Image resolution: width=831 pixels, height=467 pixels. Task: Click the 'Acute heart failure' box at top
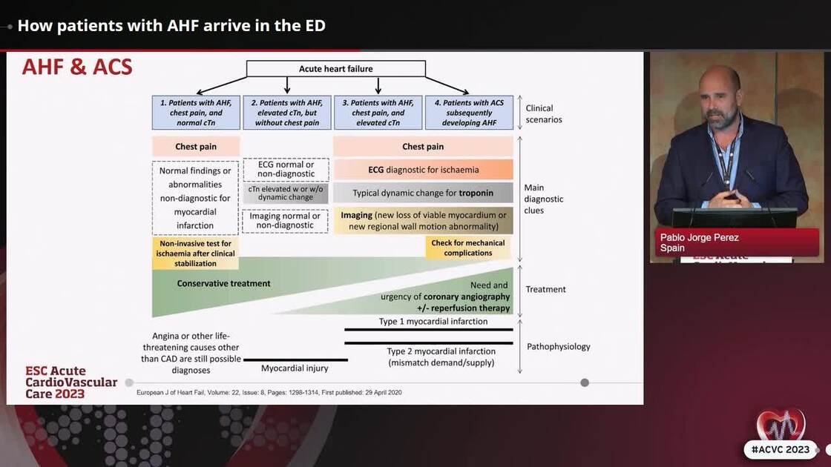click(335, 69)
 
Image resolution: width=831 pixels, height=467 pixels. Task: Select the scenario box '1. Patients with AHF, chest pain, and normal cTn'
click(196, 113)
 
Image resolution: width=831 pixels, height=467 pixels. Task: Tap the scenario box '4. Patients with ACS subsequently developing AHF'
click(469, 113)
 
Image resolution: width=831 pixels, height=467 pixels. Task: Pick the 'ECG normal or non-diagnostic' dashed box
click(286, 168)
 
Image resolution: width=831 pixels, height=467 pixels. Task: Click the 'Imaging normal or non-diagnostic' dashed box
click(286, 221)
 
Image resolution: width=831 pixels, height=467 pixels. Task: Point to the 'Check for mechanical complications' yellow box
click(468, 248)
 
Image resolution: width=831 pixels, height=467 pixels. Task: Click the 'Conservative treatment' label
click(223, 283)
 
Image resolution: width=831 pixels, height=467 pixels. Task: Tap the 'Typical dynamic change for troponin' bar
click(423, 193)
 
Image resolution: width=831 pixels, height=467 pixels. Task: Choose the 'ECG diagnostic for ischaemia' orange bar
click(423, 170)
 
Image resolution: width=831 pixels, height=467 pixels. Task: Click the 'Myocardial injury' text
click(295, 368)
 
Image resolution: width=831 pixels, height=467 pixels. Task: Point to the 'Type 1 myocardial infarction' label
click(433, 322)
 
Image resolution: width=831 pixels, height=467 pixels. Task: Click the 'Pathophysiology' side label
click(558, 346)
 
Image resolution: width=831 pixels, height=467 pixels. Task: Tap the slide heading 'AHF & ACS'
click(77, 67)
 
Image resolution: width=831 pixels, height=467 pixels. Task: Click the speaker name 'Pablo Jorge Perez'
click(700, 237)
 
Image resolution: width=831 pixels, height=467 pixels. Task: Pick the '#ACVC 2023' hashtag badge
click(780, 449)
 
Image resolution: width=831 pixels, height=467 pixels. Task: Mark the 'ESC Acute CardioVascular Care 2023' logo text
click(70, 382)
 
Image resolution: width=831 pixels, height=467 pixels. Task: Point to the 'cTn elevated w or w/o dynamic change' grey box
click(286, 194)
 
